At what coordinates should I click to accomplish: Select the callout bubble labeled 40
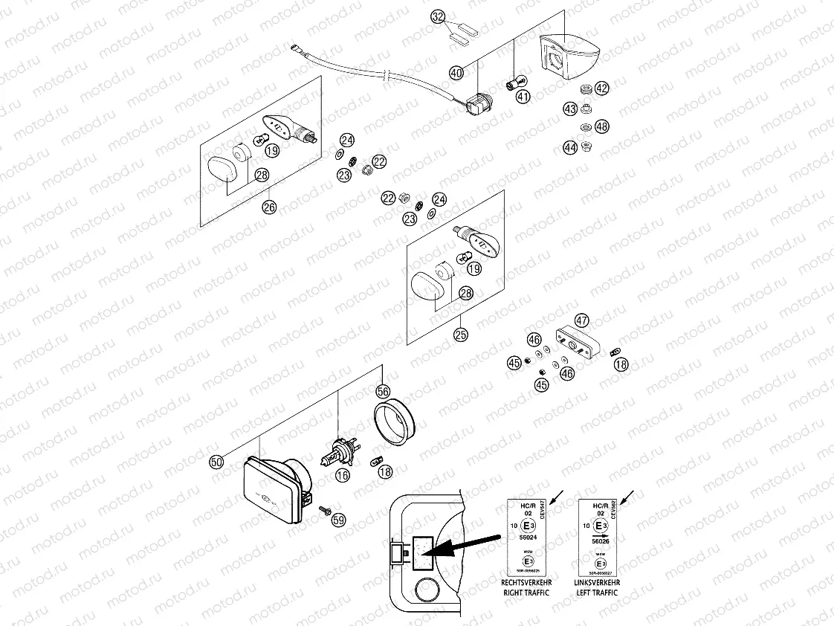coord(456,72)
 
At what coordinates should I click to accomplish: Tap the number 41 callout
coord(524,97)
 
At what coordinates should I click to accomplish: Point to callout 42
coord(601,88)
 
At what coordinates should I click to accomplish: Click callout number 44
coord(570,147)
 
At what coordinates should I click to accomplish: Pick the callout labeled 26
coord(269,207)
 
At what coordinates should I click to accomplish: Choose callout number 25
coord(461,335)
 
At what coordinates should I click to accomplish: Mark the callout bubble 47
coord(581,321)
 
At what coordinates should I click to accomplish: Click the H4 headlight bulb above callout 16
coord(340,451)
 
